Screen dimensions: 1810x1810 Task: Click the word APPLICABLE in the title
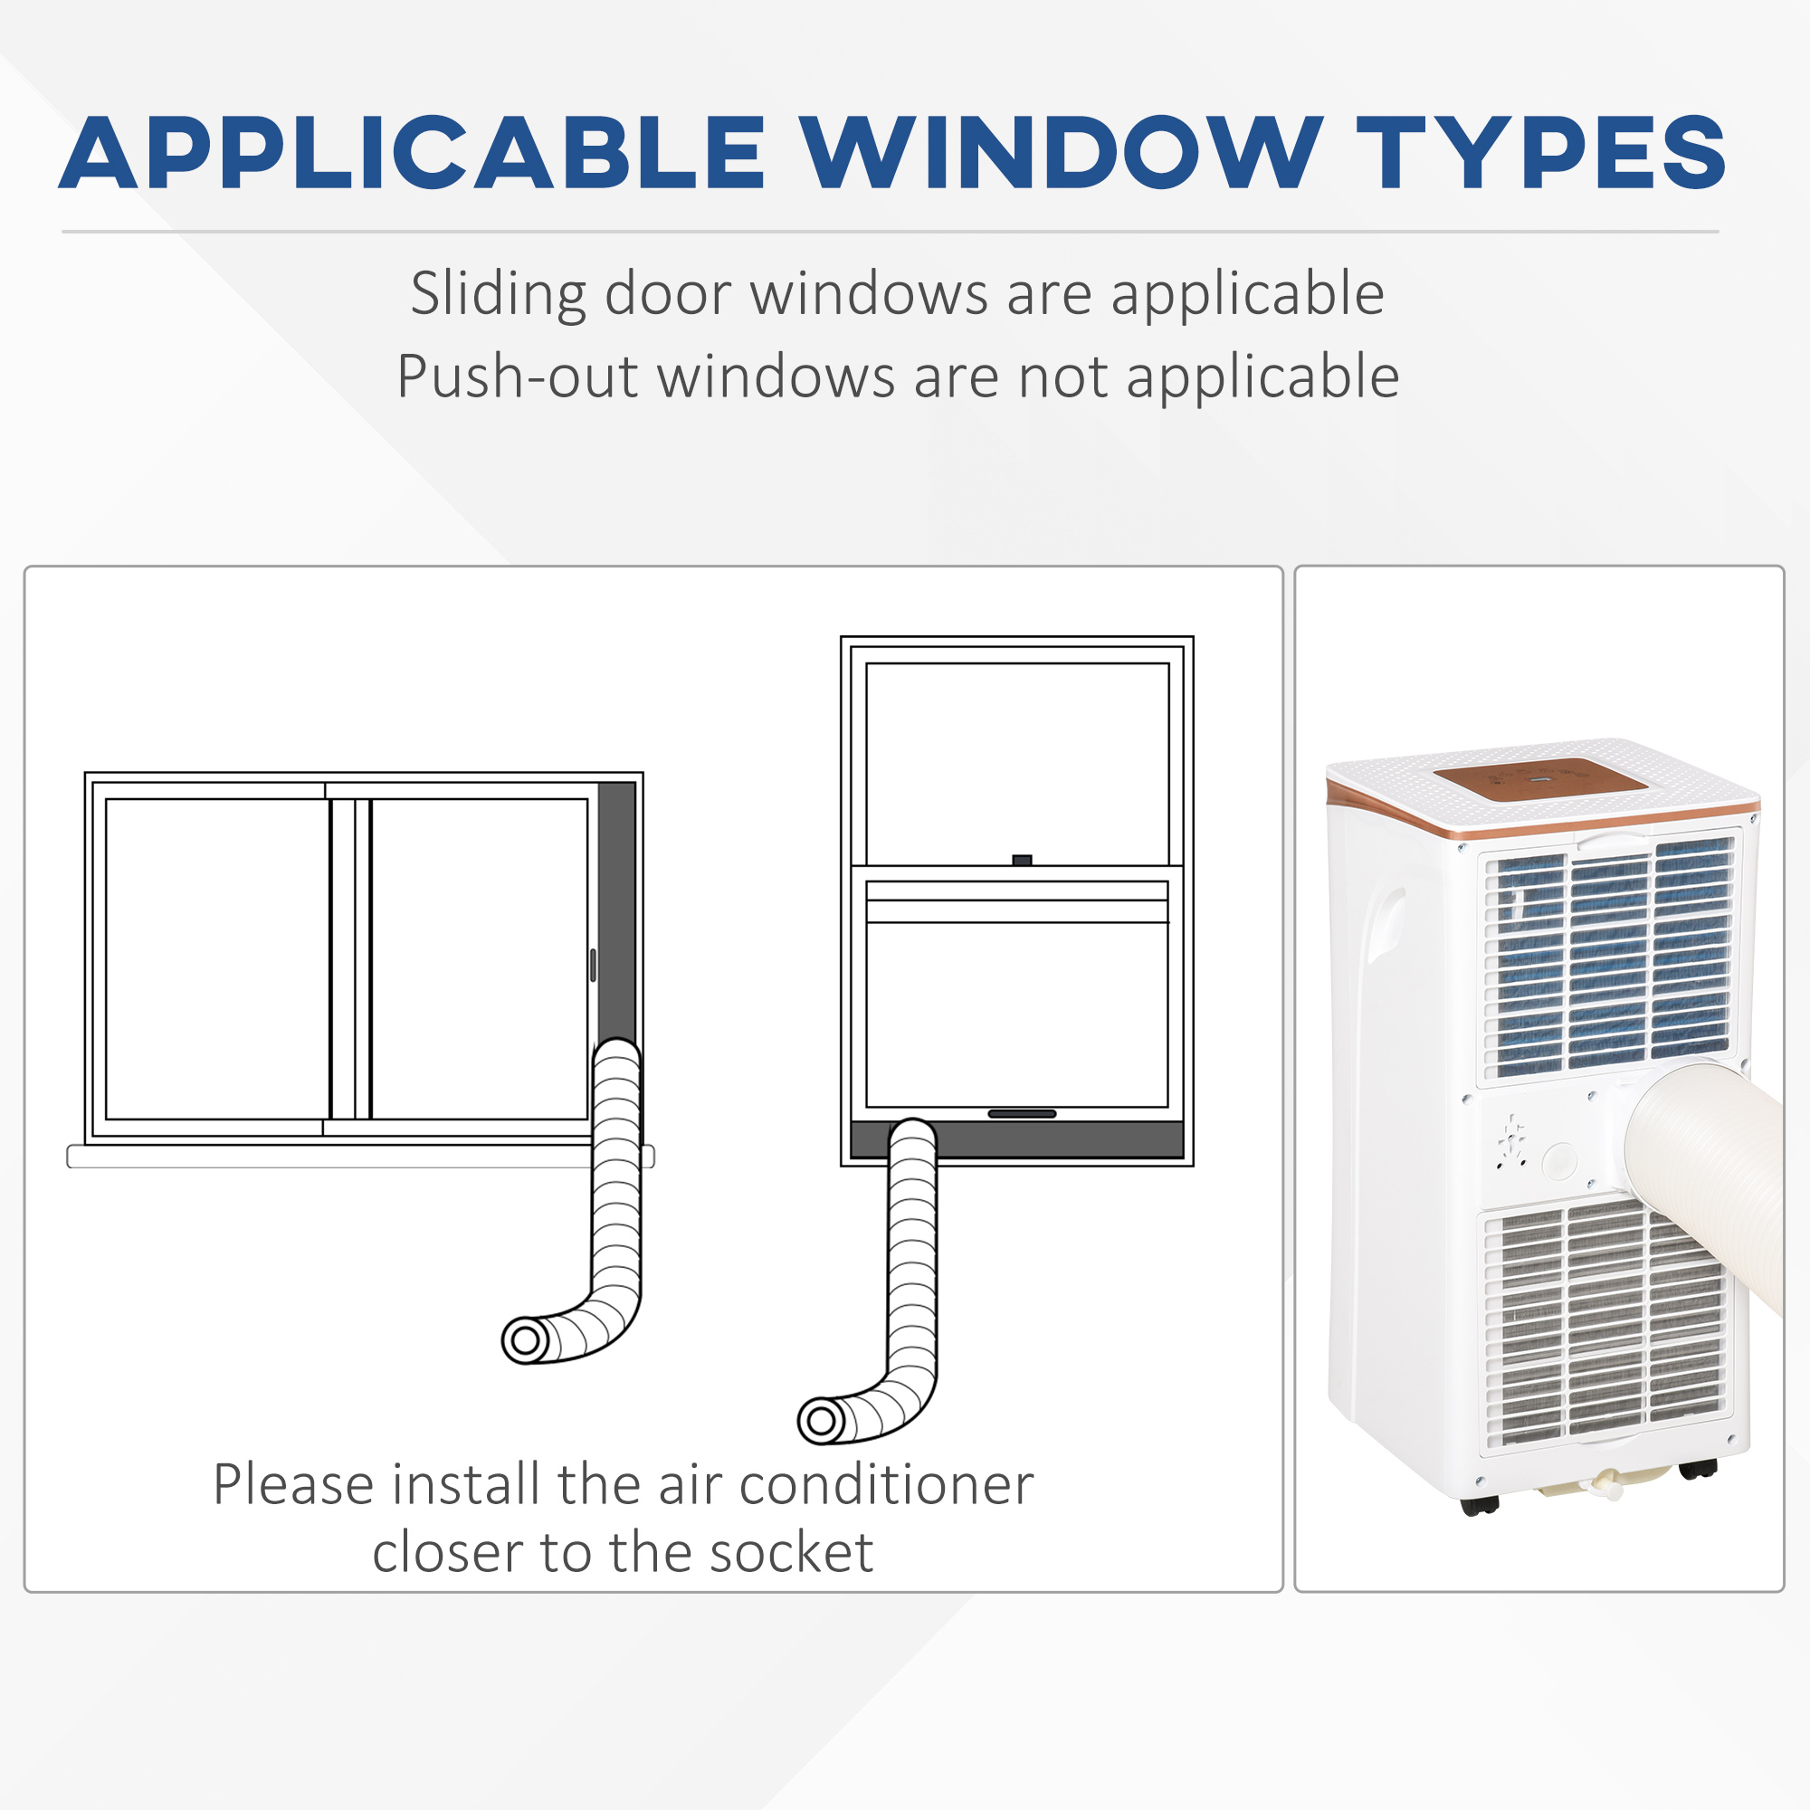412,153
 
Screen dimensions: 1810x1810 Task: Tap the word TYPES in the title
1541,153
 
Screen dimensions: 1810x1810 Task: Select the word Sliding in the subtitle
498,294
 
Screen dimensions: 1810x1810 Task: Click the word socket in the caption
791,1552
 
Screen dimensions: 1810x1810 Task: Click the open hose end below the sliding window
526,1339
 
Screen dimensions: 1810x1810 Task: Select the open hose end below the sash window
821,1421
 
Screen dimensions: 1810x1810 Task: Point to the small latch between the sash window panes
1022,860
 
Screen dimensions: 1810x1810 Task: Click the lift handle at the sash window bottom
1022,1114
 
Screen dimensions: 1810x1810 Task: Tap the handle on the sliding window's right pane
593,965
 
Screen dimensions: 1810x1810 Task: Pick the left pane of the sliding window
217,958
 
